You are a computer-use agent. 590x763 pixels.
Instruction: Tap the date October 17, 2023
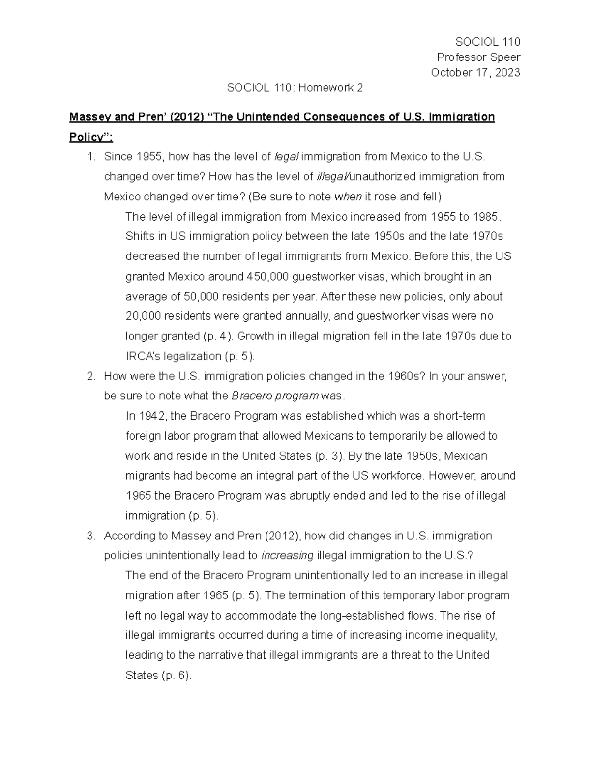(x=475, y=73)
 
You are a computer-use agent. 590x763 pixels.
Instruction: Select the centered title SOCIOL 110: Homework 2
(x=295, y=88)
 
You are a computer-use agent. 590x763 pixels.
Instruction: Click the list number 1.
(x=90, y=157)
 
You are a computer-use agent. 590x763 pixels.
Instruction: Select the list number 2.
(x=90, y=376)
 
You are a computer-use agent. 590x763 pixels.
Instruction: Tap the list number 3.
(x=90, y=536)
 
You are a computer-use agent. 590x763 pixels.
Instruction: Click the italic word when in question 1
(x=348, y=197)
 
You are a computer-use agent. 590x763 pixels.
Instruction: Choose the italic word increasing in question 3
(x=287, y=556)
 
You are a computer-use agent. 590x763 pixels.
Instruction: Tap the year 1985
(x=485, y=217)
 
